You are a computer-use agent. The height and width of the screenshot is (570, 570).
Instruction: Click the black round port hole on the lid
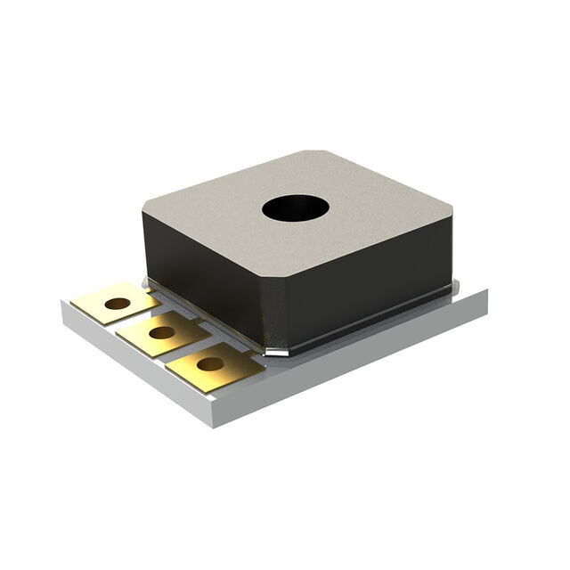(x=296, y=208)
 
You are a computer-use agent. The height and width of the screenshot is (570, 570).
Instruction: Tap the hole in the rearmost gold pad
(x=117, y=304)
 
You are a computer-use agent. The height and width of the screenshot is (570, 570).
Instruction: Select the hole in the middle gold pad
(x=162, y=333)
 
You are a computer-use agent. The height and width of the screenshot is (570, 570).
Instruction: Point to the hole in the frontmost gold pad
(x=210, y=363)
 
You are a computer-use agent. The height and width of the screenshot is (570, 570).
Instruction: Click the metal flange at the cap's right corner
(x=454, y=287)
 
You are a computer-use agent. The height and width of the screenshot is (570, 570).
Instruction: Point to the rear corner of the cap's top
(x=312, y=153)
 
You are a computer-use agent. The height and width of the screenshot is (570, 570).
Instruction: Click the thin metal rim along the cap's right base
(x=374, y=322)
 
